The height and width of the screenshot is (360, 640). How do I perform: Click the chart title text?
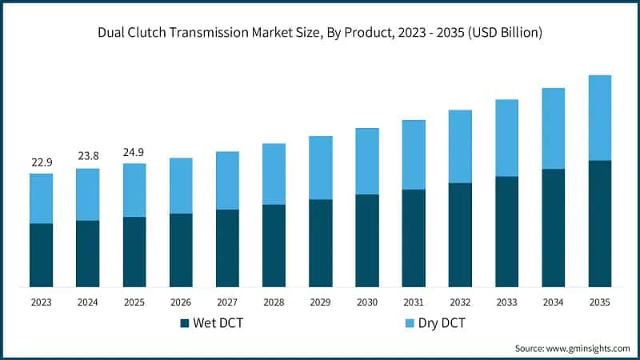[x=320, y=33]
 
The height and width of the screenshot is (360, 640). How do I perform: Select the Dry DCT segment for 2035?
[x=600, y=118]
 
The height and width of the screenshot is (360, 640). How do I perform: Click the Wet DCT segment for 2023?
[x=41, y=254]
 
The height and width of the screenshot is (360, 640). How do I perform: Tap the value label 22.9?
[x=41, y=162]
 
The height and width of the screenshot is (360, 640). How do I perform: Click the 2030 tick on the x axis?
[x=366, y=302]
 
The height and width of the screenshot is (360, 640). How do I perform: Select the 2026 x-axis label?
[x=181, y=302]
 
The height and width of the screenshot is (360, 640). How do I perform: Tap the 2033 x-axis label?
[x=506, y=302]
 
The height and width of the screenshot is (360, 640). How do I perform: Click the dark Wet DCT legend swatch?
[x=185, y=323]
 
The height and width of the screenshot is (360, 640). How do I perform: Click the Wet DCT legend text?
[x=219, y=323]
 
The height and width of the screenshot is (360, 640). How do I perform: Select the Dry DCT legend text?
[x=437, y=323]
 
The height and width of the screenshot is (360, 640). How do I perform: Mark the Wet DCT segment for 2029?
[x=320, y=242]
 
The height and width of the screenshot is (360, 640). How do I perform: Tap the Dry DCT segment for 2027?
[x=227, y=180]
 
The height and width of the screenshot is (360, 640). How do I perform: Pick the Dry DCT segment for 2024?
[x=87, y=194]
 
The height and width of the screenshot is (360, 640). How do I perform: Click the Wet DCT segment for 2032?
[x=460, y=234]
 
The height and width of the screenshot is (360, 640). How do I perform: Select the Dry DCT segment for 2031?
[x=414, y=154]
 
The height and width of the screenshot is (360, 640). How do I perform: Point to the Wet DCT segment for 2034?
[x=553, y=227]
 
